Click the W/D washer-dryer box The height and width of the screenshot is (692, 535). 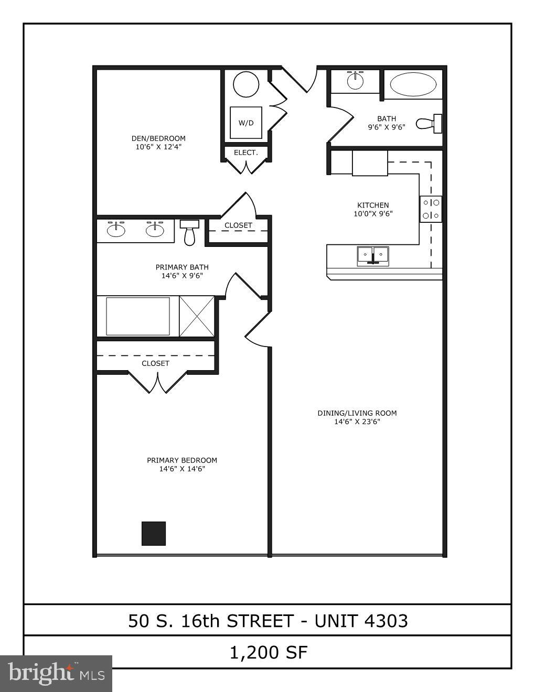(x=246, y=123)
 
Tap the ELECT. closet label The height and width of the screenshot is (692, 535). (x=245, y=153)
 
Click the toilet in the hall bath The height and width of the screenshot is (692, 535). (x=429, y=124)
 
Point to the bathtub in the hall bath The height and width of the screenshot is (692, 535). (x=413, y=84)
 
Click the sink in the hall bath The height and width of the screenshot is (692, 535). (x=355, y=81)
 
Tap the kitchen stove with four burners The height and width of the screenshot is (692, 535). (x=431, y=209)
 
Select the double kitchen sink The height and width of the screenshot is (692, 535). (x=373, y=255)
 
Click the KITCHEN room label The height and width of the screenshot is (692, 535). (x=373, y=205)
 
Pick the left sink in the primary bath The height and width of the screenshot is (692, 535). (x=116, y=230)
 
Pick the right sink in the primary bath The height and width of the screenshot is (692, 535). (x=155, y=230)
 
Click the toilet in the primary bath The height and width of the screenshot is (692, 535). (x=189, y=232)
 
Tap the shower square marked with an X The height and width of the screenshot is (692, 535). (x=197, y=316)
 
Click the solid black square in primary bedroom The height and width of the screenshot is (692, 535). (x=154, y=533)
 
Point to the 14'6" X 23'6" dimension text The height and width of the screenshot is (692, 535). (x=357, y=421)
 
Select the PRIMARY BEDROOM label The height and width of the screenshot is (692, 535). (x=182, y=460)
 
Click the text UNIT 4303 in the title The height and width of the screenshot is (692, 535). (x=361, y=621)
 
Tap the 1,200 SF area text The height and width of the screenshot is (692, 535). (x=268, y=653)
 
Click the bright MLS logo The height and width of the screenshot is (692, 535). (x=56, y=673)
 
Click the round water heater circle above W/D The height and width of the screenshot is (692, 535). (x=246, y=84)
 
